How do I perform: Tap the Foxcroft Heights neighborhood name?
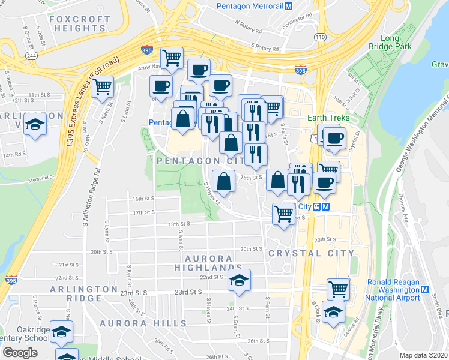pos(79,23)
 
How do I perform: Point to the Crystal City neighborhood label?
pos(311,253)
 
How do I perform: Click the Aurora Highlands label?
pos(208,263)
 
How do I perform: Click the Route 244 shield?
pos(31,55)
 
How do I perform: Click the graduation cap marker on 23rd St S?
pos(239,280)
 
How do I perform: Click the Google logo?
pos(20,353)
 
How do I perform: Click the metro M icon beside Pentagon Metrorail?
pos(288,7)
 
